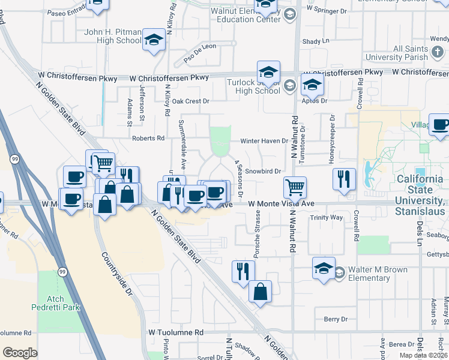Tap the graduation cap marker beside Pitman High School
click(x=154, y=41)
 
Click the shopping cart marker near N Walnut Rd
click(x=295, y=188)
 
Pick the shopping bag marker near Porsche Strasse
click(x=260, y=292)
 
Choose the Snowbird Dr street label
click(x=263, y=171)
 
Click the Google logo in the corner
click(x=20, y=353)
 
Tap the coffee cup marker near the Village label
click(x=440, y=125)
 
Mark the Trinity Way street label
click(x=326, y=218)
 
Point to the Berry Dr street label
click(x=336, y=319)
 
